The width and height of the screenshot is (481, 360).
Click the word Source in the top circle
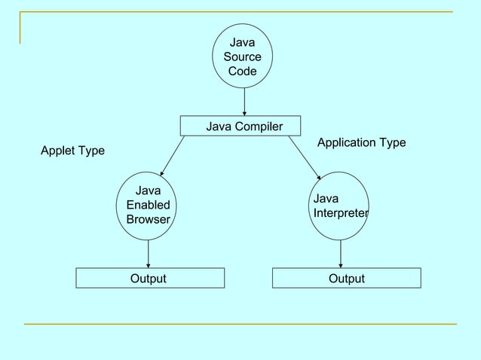pos(242,56)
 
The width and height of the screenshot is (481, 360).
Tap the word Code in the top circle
pos(242,71)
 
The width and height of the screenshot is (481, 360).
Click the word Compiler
pos(259,127)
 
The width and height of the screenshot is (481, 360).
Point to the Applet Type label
pos(72,151)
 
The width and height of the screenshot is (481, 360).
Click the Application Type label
pos(362,143)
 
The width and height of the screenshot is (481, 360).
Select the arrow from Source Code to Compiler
pos(244,102)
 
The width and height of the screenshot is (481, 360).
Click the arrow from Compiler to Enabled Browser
pos(173,156)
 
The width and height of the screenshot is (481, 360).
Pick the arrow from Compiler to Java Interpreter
pos(305,157)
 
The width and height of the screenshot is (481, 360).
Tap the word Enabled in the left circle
pos(149,205)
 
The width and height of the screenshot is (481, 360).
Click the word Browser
pos(149,219)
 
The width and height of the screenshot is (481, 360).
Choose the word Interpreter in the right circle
pos(341,213)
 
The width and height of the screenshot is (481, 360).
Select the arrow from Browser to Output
pos(149,254)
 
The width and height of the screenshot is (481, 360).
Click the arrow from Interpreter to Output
pos(341,254)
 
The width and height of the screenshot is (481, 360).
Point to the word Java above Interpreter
pos(326,199)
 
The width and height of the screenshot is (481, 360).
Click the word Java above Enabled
pos(149,191)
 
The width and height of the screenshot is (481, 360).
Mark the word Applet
pos(57,151)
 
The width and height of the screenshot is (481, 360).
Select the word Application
pos(347,143)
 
